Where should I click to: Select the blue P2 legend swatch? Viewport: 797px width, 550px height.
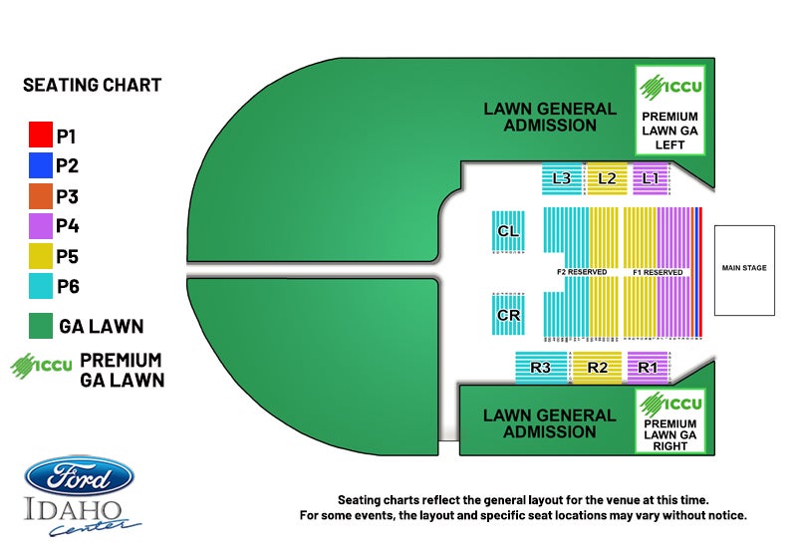40,165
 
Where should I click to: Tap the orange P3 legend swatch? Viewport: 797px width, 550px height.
40,196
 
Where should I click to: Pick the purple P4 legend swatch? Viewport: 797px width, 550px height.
40,226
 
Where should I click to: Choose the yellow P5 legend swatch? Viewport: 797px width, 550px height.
40,256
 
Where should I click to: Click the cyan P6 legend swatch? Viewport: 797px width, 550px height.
40,286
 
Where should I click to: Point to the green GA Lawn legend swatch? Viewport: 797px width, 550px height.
40,326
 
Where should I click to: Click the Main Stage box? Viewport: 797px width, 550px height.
744,268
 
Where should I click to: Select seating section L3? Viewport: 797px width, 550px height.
561,178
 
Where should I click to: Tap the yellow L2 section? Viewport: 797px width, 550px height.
607,178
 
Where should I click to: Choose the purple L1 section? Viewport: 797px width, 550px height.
651,178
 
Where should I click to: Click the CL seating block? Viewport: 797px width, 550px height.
508,232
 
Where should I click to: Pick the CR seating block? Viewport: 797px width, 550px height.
508,316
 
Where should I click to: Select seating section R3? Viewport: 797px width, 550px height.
541,367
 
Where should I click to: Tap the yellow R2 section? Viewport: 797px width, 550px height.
597,367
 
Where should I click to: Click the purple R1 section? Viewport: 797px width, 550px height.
648,367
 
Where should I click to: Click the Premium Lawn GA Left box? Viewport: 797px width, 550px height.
669,112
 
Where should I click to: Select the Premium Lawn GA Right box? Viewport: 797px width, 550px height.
669,421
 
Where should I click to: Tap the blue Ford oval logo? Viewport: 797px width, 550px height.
79,476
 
